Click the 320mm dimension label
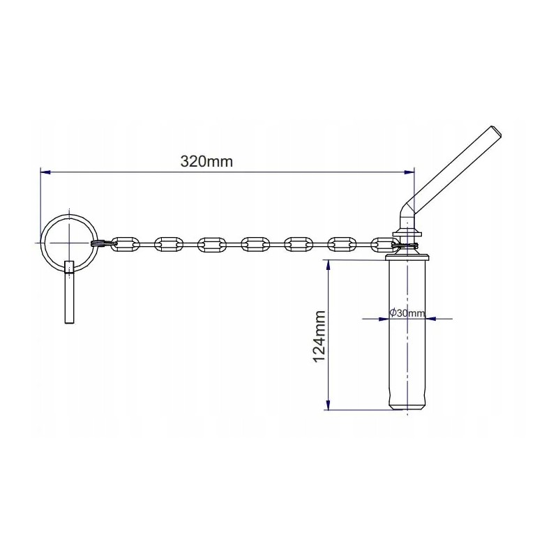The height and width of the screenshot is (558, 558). [x=206, y=161]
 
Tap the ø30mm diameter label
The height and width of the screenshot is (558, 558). [x=407, y=312]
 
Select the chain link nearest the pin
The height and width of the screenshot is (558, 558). [x=384, y=243]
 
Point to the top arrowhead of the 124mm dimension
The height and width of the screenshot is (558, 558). [x=327, y=264]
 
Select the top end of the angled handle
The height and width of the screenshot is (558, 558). [x=495, y=130]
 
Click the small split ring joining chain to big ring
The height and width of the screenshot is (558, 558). [x=99, y=243]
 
